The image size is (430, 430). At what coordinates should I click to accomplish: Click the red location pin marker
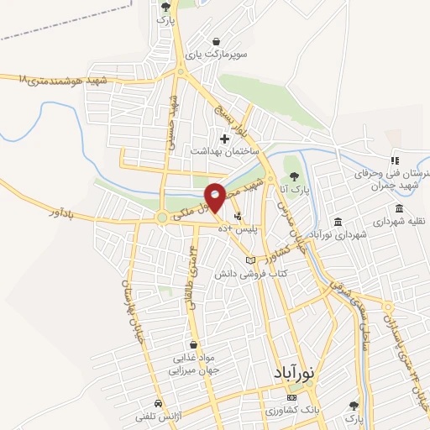pos(215,197)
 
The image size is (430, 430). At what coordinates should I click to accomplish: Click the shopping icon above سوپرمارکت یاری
pos(217,40)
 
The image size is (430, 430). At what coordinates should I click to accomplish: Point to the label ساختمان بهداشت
pos(223,152)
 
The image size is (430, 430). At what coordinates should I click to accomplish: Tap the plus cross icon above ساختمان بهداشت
pos(223,139)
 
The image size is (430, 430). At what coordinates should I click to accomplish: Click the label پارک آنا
pos(295,179)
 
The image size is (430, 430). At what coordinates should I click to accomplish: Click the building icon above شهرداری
pos(338,222)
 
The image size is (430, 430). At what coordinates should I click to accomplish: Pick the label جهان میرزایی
pos(191,369)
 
